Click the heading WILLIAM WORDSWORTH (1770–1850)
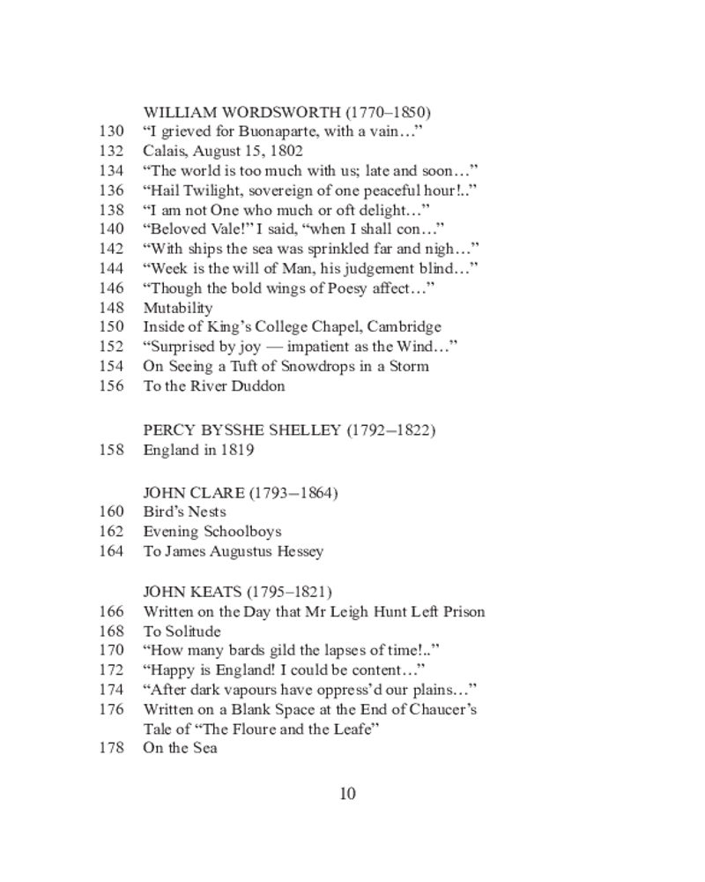(x=286, y=112)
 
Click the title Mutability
(x=178, y=308)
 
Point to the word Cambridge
(x=404, y=327)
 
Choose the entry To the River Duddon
(x=214, y=385)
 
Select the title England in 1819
(x=198, y=450)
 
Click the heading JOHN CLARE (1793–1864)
(x=240, y=492)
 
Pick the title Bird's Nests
(x=184, y=512)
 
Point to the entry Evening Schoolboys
(x=212, y=531)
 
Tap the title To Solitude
(x=182, y=632)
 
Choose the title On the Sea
(x=180, y=749)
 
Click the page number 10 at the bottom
(x=347, y=794)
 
